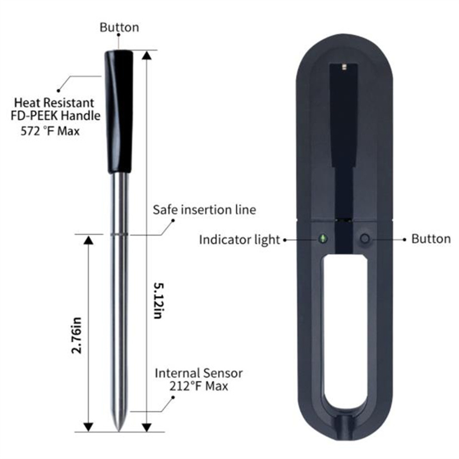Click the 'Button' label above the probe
coord(119,27)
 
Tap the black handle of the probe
coord(119,111)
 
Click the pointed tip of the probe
coord(119,430)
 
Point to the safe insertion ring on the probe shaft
coord(119,234)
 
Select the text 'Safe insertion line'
coord(204,210)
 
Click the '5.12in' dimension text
coord(159,301)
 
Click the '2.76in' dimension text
coord(76,335)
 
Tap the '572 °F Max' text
coord(50,131)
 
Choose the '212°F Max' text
coord(199,386)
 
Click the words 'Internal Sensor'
coord(199,373)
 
